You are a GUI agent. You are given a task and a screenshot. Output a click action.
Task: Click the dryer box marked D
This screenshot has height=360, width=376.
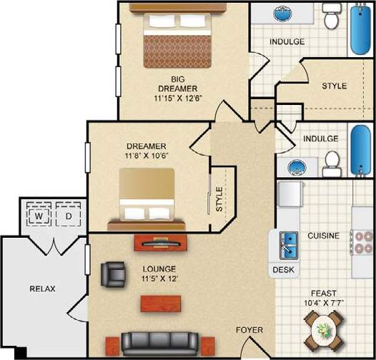coord(69,215)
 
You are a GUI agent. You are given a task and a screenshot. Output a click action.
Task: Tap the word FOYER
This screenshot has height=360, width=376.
coord(249,330)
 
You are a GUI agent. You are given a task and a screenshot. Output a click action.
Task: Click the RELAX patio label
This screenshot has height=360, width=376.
coord(42,289)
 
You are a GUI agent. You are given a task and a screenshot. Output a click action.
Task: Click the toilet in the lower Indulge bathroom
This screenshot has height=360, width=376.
coord(330,164)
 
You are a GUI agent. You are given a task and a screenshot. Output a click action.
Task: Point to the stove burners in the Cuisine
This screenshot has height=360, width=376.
coord(361,246)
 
